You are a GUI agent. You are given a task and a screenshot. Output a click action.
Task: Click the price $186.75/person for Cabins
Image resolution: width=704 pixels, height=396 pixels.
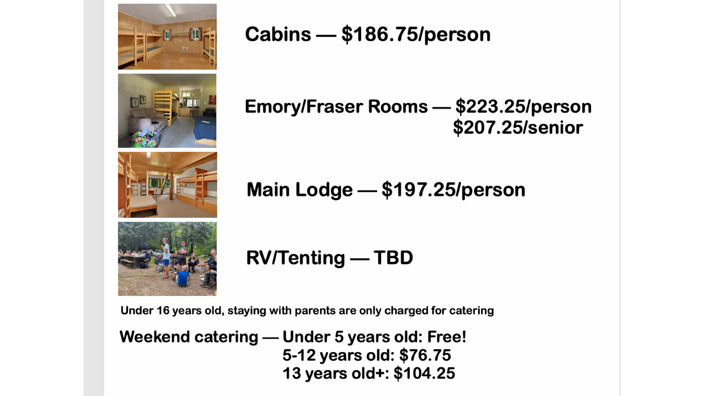pos(416,35)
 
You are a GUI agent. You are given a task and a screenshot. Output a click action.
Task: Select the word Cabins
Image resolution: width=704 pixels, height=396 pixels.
pos(278,34)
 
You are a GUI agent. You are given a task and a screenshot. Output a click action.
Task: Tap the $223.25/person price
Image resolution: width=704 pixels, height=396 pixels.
pos(524,107)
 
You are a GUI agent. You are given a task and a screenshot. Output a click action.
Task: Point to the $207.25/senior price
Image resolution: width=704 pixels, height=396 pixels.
pos(518,128)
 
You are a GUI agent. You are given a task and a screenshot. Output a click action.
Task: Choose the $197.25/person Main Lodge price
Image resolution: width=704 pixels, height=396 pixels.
pos(454,190)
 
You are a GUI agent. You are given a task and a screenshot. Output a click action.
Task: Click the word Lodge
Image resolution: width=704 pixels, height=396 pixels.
pos(324,190)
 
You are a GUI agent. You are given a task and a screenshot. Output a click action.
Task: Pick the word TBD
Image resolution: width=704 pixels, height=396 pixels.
pos(393,257)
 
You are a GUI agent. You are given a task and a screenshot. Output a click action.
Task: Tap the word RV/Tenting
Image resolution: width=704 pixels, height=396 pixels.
pos(296,258)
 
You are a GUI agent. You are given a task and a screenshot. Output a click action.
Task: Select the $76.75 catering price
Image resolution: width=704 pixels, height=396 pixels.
pos(425,355)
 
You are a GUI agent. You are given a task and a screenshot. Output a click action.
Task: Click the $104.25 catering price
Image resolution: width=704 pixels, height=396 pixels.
pos(424,373)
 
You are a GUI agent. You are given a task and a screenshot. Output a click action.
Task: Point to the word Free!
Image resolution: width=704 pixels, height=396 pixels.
pos(447,337)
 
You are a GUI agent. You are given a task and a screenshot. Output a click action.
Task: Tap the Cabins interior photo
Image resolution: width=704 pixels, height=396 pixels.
pos(167,37)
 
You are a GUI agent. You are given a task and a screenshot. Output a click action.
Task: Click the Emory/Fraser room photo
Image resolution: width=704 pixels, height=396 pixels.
pos(167,111)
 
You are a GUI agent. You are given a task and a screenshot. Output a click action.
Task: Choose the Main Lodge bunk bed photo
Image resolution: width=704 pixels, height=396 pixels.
pos(168,185)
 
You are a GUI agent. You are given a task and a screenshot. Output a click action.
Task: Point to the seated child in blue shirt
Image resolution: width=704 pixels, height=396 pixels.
pos(182,276)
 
